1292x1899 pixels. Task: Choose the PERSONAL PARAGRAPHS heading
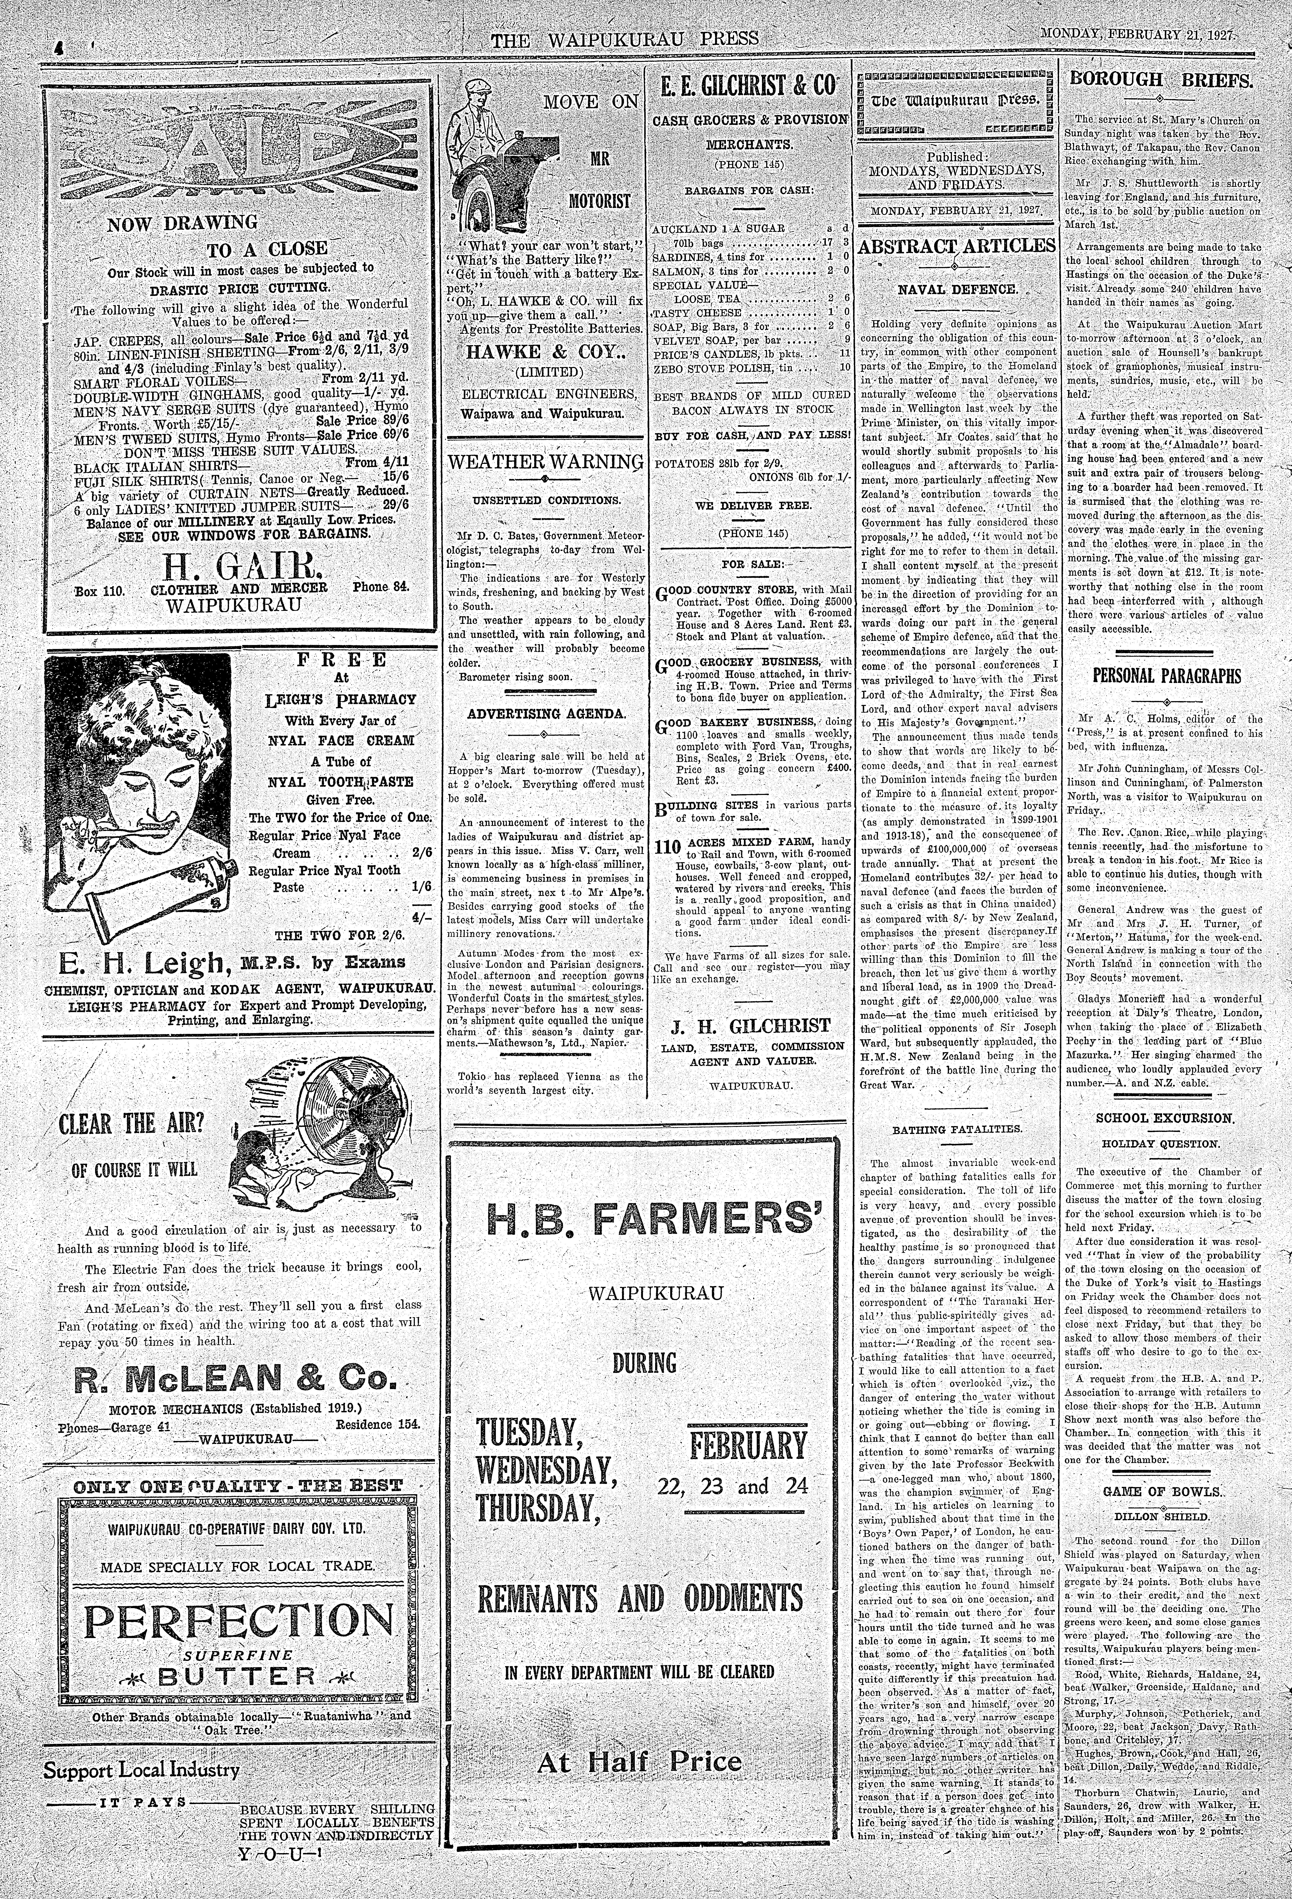(1166, 677)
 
